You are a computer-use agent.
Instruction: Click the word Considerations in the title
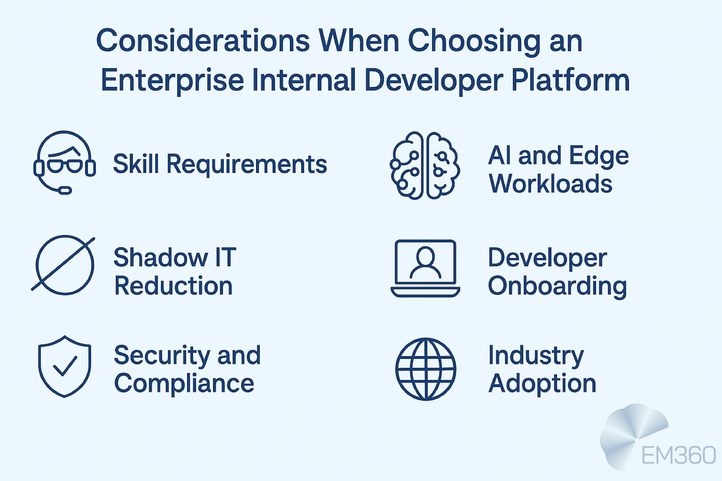tap(203, 41)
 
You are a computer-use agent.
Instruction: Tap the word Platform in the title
tap(571, 80)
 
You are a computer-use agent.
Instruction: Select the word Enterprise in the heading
tap(172, 80)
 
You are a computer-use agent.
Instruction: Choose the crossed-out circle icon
tap(65, 265)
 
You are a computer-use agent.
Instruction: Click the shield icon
tap(65, 367)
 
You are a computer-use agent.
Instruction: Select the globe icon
tap(426, 369)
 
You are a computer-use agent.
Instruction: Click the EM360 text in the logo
tap(678, 456)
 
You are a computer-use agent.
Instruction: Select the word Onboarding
tap(557, 286)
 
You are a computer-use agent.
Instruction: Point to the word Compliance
tap(184, 383)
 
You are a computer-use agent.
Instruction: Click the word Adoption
tap(542, 383)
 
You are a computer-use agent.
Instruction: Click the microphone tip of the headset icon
tap(65, 190)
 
